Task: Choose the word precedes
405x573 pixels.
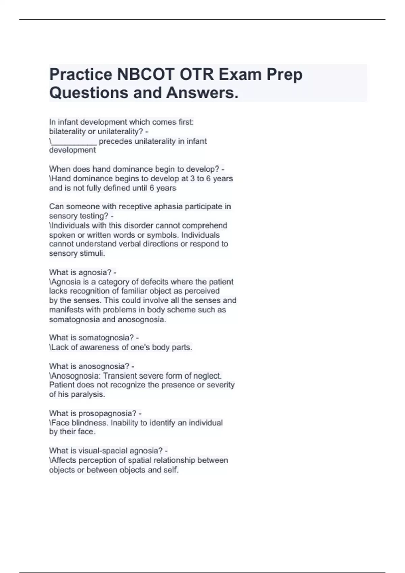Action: (116, 141)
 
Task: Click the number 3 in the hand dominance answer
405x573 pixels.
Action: (193, 179)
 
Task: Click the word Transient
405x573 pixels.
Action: (119, 376)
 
